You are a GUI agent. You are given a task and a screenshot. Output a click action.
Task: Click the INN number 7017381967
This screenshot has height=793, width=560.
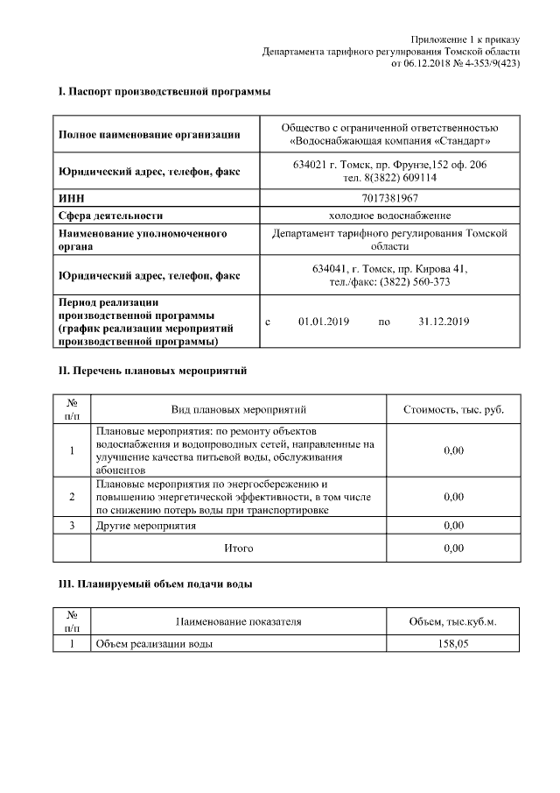pyautogui.click(x=389, y=198)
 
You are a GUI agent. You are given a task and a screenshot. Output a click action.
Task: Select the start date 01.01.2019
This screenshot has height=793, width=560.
pyautogui.click(x=324, y=322)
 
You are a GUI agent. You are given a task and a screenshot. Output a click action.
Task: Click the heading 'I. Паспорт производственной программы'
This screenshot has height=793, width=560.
pyautogui.click(x=164, y=91)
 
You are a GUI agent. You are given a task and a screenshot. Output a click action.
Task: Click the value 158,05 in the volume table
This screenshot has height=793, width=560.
pyautogui.click(x=452, y=643)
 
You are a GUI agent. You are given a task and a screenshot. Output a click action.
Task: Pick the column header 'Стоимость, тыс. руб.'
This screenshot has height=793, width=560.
pyautogui.click(x=453, y=409)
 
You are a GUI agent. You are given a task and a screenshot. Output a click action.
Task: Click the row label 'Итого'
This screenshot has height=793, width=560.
pyautogui.click(x=239, y=548)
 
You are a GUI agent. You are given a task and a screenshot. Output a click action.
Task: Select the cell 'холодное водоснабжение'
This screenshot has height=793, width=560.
pyautogui.click(x=389, y=215)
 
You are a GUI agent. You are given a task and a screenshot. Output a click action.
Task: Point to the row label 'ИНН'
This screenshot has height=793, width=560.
pyautogui.click(x=70, y=198)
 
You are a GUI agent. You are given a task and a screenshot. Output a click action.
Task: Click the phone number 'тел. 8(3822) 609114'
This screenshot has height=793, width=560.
pyautogui.click(x=389, y=177)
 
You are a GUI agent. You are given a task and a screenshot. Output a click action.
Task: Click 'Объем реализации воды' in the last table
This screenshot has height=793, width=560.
pyautogui.click(x=154, y=643)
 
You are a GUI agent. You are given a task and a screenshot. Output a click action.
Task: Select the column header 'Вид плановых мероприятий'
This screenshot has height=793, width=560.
pyautogui.click(x=239, y=409)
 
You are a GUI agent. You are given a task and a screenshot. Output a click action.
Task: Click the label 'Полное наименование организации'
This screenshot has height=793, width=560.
pyautogui.click(x=149, y=134)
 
